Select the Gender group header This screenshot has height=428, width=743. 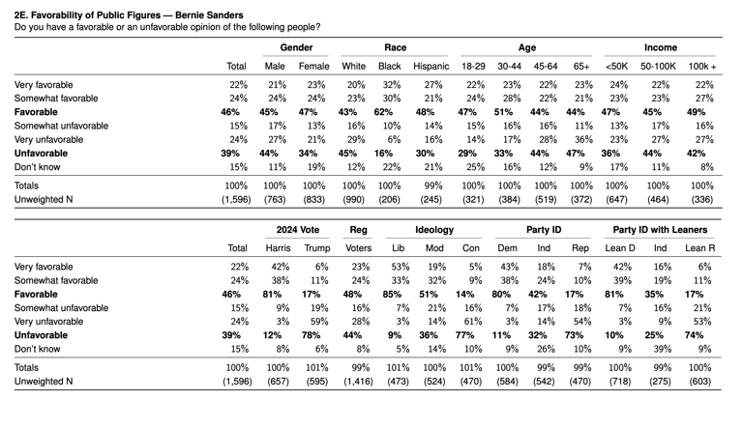click(296, 47)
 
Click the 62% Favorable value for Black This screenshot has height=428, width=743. click(390, 112)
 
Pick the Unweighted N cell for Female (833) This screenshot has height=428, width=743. click(314, 200)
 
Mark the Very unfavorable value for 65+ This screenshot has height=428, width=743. click(580, 139)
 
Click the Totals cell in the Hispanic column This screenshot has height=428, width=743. click(431, 185)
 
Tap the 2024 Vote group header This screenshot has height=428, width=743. click(298, 229)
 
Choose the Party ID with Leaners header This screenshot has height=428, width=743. click(662, 229)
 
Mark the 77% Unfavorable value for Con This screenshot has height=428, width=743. click(473, 334)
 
